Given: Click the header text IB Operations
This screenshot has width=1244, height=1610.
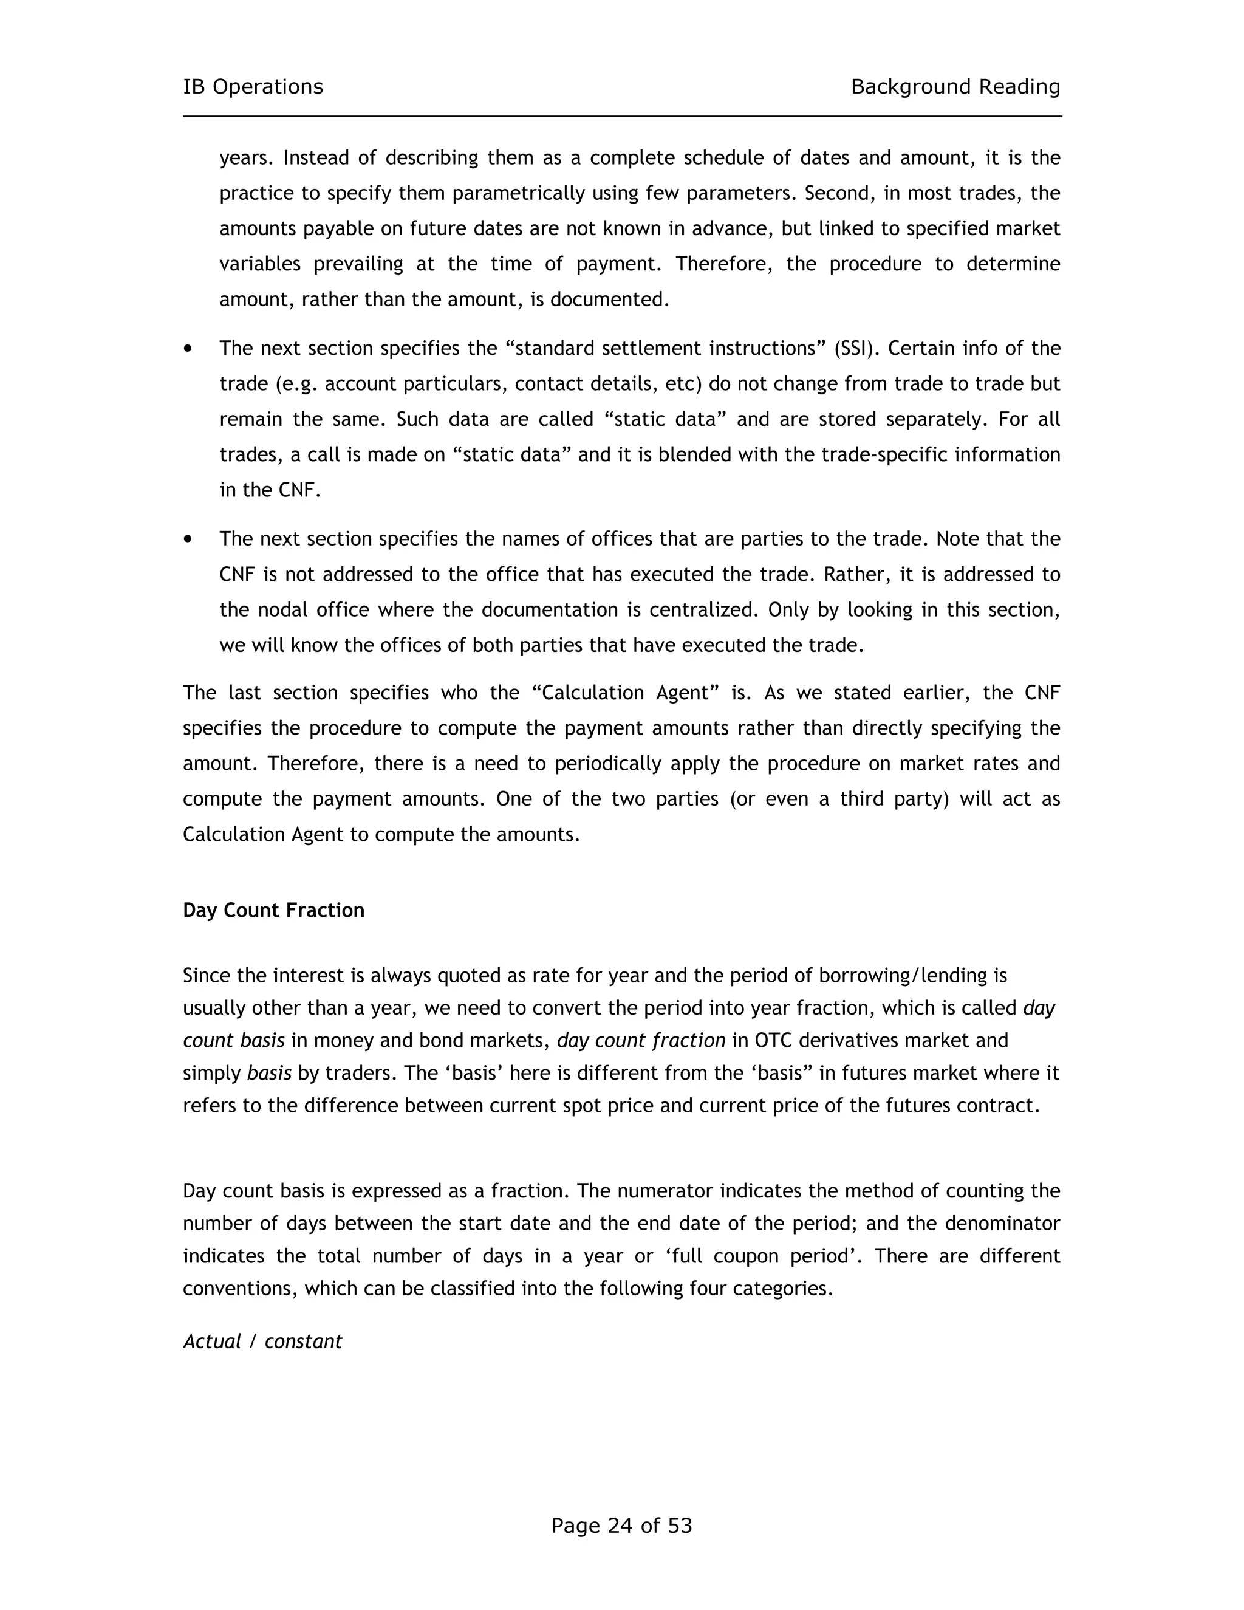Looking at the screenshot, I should click(x=253, y=87).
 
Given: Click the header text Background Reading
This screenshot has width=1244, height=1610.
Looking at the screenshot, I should click(x=955, y=87).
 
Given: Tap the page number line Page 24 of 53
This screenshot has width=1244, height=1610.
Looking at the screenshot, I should click(x=621, y=1525).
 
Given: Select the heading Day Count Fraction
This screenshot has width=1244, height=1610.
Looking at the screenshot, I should click(x=273, y=911).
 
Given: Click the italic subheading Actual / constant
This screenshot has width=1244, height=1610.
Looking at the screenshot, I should click(x=262, y=1341).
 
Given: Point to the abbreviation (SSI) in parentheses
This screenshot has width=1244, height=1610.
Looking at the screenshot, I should click(x=856, y=348).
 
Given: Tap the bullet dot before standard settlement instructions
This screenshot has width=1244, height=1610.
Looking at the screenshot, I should click(x=189, y=348).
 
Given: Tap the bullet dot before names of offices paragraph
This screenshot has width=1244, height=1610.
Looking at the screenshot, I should click(x=189, y=539).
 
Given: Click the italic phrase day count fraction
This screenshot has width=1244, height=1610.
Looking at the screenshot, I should click(x=641, y=1040).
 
